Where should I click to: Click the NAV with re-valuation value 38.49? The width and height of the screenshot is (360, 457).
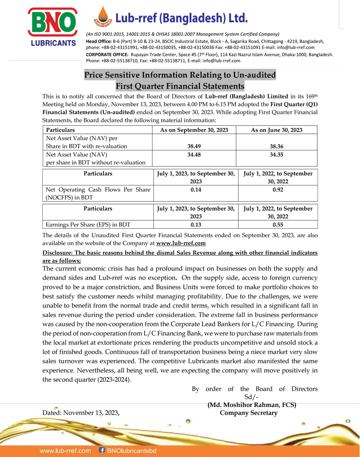click(x=194, y=146)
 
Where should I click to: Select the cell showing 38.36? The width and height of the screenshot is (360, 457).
click(x=277, y=146)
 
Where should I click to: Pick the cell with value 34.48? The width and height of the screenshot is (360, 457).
click(x=194, y=154)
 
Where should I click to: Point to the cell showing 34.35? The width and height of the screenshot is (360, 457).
click(x=277, y=154)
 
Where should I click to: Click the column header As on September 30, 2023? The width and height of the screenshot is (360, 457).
click(x=194, y=130)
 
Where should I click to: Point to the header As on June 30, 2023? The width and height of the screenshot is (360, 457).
click(x=277, y=130)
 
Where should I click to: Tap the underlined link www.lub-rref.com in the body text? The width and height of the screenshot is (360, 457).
click(x=181, y=243)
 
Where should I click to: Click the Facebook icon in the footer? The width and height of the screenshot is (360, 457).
click(x=102, y=450)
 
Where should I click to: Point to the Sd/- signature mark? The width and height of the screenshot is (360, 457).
click(x=251, y=397)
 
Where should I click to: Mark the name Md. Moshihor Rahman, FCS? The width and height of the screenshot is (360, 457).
click(x=252, y=405)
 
